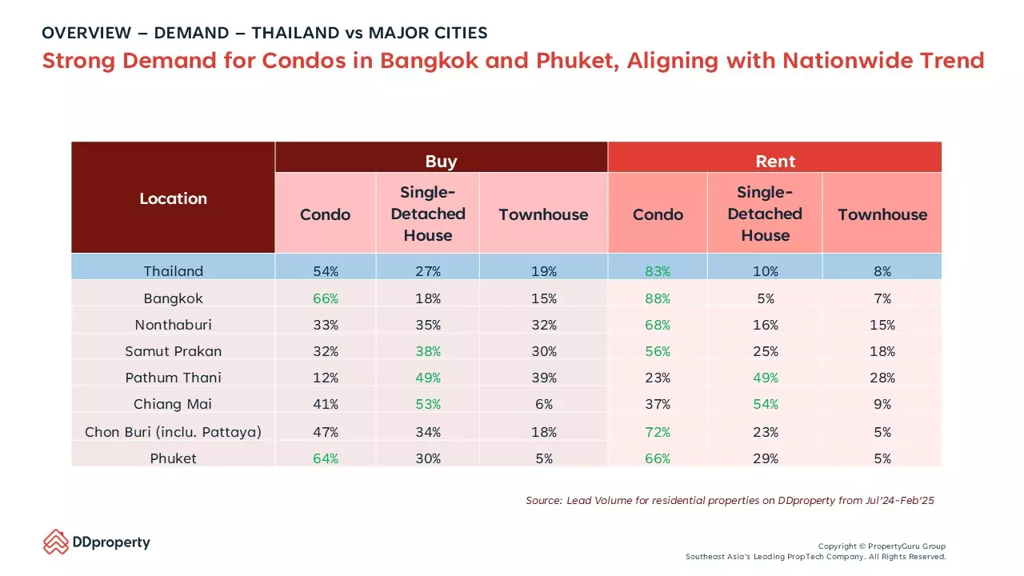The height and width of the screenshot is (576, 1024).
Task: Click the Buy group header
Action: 441,162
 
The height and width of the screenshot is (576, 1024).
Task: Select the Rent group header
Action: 775,162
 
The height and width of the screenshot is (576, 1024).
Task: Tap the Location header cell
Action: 174,198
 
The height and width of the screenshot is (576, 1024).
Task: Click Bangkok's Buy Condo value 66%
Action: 326,298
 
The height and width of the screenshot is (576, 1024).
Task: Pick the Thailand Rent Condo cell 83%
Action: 658,271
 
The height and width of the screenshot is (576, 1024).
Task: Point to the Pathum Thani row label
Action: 174,378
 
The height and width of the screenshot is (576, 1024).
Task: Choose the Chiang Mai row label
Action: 173,404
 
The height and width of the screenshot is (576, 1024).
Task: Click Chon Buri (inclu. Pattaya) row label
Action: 174,432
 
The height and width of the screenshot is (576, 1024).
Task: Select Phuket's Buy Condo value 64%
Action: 326,458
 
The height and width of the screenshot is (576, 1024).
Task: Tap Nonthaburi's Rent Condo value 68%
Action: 658,325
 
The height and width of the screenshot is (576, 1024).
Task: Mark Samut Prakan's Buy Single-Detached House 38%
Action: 428,351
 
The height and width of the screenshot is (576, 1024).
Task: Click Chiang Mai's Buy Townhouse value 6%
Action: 544,404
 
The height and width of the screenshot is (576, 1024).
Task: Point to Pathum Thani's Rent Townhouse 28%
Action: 882,378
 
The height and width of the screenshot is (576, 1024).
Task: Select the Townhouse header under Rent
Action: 882,214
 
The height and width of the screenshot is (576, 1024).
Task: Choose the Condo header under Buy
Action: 325,214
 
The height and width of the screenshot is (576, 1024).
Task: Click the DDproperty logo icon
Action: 56,542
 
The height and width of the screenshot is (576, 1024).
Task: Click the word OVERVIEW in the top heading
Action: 86,33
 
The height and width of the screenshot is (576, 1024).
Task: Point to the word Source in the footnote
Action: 543,501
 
